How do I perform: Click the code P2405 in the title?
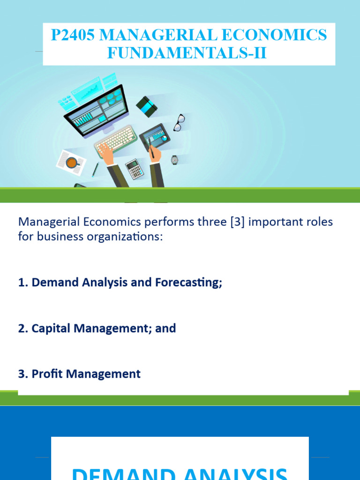click(x=75, y=36)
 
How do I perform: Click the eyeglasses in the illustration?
click(x=179, y=122)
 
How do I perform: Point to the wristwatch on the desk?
click(x=174, y=160)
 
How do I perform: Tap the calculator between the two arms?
click(x=134, y=169)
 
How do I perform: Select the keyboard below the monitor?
click(x=116, y=140)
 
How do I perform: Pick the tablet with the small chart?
click(x=155, y=136)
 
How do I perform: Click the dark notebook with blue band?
click(x=147, y=106)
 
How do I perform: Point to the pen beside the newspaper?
click(x=95, y=169)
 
